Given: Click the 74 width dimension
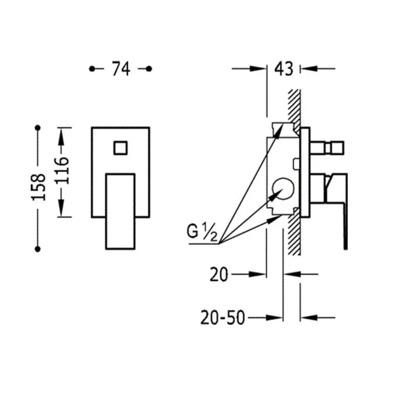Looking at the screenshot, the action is point(121,69).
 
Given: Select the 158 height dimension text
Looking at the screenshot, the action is point(39,187).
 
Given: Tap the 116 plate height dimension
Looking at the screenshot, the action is point(61,171).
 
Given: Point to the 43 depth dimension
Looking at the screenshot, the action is point(283,69).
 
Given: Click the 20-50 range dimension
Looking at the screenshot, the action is point(222,318).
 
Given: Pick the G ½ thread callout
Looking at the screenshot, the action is point(202,232).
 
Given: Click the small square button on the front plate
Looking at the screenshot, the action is point(121,148).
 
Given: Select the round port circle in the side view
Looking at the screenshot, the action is point(283,189).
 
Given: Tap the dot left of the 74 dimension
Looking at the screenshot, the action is point(92,69).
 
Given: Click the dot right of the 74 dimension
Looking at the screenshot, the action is point(149,69).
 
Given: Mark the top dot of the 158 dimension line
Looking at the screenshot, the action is point(38,128).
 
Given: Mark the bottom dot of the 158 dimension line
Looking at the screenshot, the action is point(38,249).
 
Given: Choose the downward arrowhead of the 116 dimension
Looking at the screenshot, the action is point(61,208).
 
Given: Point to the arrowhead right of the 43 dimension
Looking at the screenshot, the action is point(309,69).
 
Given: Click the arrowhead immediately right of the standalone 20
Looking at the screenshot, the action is point(258,275).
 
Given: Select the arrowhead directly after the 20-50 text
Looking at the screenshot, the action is point(275,318).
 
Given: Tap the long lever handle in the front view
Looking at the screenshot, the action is point(121,211).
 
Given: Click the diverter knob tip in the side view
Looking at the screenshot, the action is point(337,148).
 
